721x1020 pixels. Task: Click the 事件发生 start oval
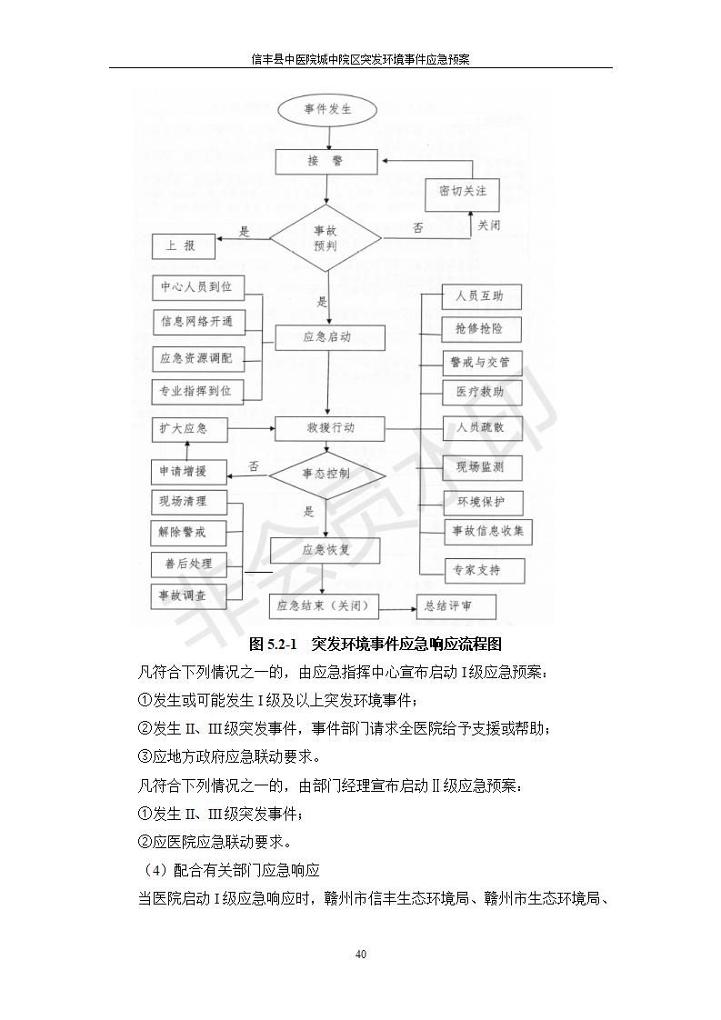(327, 111)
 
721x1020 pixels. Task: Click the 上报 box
(184, 245)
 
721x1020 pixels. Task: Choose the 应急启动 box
(331, 337)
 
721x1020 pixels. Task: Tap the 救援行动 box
(331, 427)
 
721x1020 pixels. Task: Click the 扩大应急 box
(184, 428)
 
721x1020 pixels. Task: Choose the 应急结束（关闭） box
(325, 606)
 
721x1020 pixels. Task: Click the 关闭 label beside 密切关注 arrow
(489, 225)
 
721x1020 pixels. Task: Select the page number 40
(361, 954)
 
